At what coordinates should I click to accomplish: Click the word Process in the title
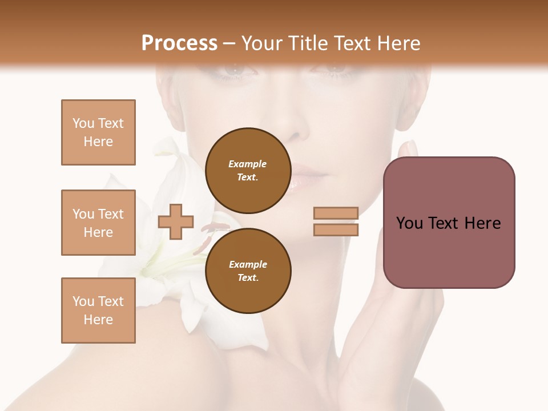click(179, 43)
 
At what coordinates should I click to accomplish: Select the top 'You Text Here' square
click(98, 132)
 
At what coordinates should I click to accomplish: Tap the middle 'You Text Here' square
click(98, 223)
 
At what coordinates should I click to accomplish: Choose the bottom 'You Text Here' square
click(98, 311)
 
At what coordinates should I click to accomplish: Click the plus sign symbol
click(176, 221)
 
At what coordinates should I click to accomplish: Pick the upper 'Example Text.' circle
click(248, 171)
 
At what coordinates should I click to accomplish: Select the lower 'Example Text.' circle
click(248, 271)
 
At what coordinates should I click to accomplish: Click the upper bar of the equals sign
click(336, 213)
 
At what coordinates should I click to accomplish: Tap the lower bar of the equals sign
click(336, 229)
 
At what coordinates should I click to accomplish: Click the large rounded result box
click(449, 223)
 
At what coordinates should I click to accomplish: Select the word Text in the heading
click(352, 43)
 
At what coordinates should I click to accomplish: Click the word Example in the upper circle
click(248, 164)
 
